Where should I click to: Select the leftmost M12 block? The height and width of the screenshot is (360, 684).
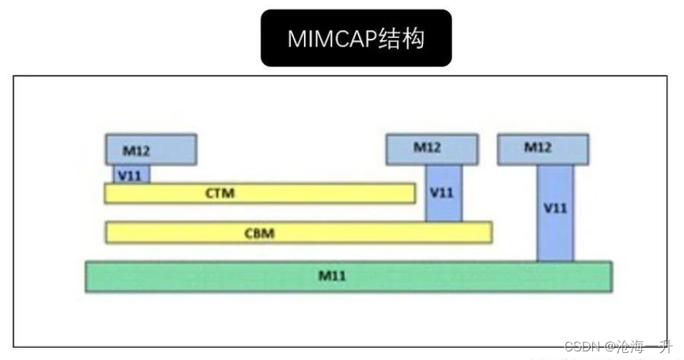coord(151,149)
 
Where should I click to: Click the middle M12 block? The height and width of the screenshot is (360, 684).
coord(432,148)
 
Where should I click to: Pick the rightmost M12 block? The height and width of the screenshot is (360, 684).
coord(543,148)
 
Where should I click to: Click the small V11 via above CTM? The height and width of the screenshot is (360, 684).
coord(130,174)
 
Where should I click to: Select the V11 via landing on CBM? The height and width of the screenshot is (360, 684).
coord(443,192)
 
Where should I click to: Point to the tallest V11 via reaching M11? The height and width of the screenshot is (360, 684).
coord(555,212)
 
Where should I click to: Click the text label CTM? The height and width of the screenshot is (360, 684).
coord(219,193)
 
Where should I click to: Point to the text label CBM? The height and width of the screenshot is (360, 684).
coord(260,232)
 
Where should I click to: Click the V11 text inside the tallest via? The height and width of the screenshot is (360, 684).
coord(555,209)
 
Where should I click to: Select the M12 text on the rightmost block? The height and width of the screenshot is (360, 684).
coord(538,147)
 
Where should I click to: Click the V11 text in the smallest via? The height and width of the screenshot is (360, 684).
coord(130,175)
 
